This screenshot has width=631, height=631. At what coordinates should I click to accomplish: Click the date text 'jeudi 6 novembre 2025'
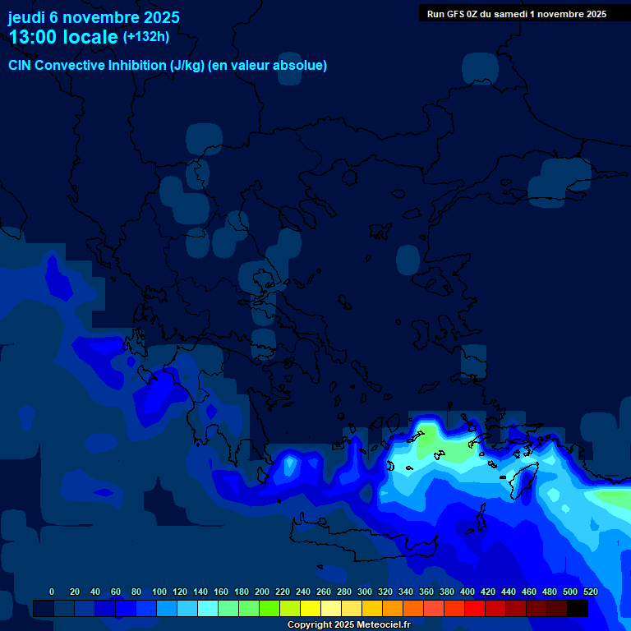(93, 17)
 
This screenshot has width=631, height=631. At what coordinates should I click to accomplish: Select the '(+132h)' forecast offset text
(146, 36)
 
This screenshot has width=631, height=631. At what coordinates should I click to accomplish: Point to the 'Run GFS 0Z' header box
(516, 13)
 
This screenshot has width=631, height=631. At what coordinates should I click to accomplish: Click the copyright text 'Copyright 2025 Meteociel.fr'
(348, 625)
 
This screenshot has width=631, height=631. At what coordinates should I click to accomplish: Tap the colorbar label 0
(52, 592)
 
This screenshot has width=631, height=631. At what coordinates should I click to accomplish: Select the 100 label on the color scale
(159, 592)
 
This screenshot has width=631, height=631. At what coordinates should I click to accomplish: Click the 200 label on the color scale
(262, 592)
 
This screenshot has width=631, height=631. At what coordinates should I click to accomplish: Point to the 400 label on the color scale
(467, 592)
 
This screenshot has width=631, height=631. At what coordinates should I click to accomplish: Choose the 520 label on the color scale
(590, 592)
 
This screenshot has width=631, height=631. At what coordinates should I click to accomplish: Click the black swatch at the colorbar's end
(578, 609)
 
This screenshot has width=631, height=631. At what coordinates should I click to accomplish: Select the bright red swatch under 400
(475, 609)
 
